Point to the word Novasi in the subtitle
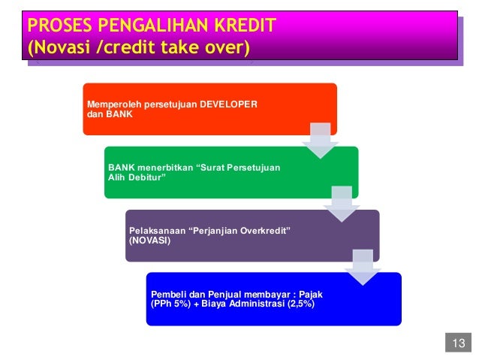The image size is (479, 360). pos(65,49)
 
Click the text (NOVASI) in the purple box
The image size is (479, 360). pos(150,241)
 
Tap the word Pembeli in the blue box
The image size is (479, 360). pos(168,294)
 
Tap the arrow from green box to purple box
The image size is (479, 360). pos(342,203)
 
